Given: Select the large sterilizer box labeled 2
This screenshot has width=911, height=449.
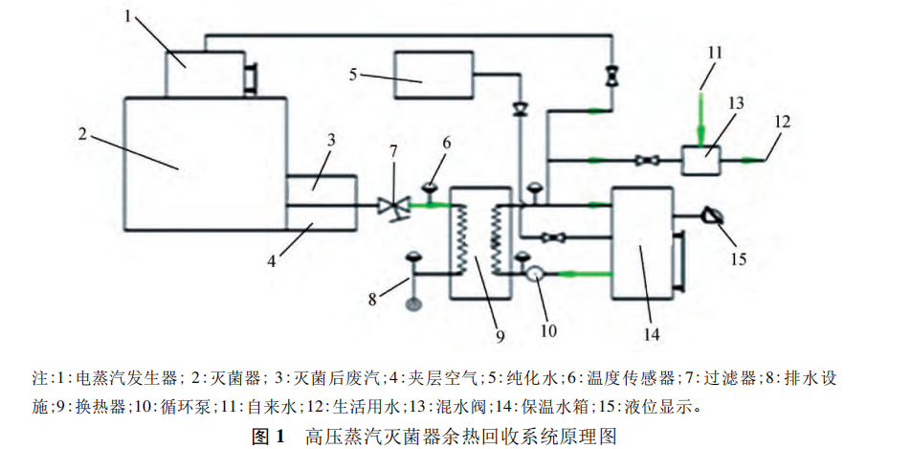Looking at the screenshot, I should [205, 163].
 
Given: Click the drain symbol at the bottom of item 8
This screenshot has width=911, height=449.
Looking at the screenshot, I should [413, 304].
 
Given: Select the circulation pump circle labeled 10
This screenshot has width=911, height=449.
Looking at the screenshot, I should [535, 274].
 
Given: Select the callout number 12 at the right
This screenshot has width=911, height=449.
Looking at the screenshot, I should [783, 121].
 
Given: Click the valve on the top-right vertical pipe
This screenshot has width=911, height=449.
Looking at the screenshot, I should [611, 75].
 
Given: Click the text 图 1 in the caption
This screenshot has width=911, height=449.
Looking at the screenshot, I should [268, 437].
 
